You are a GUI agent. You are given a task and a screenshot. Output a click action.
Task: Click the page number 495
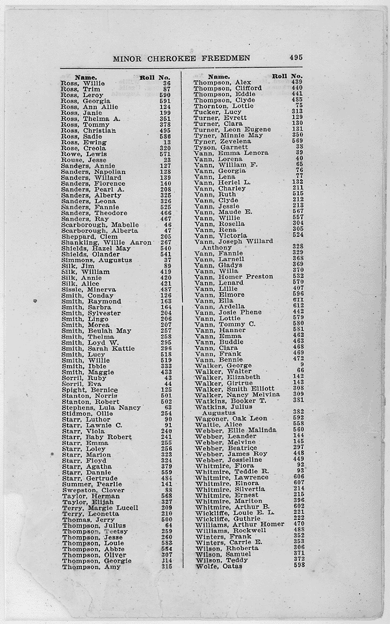point(297,57)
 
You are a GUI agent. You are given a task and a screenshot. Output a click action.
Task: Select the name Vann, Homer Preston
point(234,276)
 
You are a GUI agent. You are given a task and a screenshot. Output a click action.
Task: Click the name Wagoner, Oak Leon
point(231,418)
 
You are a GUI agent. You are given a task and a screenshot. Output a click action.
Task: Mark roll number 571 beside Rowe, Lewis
point(165,154)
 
